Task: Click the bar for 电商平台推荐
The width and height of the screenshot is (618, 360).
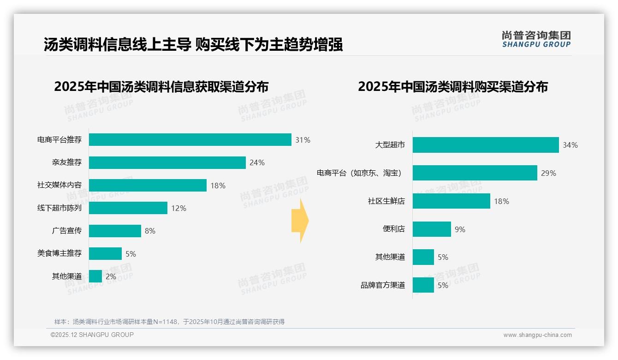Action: (190, 140)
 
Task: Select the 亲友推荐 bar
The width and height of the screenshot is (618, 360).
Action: (167, 162)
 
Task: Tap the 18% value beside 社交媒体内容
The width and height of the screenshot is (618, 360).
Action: (218, 186)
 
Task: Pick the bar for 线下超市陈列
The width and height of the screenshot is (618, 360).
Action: (128, 208)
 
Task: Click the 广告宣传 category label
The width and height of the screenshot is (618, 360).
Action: (66, 231)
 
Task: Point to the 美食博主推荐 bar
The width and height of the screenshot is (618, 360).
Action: (105, 254)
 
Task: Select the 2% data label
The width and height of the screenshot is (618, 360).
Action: (111, 277)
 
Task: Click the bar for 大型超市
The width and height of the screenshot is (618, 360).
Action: (485, 145)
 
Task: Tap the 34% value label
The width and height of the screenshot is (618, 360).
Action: (570, 145)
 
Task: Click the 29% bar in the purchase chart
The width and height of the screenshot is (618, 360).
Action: (475, 173)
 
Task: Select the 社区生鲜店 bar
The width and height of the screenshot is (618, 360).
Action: (451, 201)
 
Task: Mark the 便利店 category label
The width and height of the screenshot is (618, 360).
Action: (393, 229)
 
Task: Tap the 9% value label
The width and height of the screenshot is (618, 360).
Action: (460, 229)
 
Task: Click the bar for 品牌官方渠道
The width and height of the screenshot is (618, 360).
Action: (423, 285)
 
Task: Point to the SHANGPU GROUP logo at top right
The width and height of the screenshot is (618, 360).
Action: (536, 39)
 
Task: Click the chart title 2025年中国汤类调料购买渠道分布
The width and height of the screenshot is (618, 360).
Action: (452, 87)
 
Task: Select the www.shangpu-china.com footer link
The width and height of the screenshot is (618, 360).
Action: (537, 335)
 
